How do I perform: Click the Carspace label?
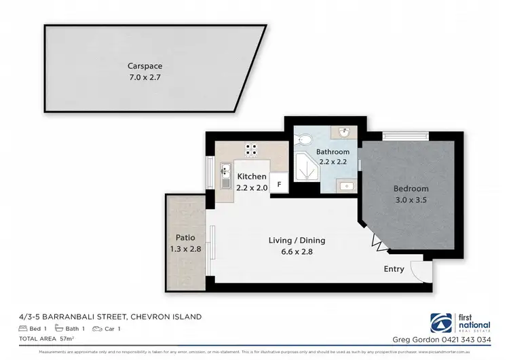[144, 66]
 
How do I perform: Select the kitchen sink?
[225, 177]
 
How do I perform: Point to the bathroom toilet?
[305, 140]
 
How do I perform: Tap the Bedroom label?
[411, 189]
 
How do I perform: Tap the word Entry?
[394, 269]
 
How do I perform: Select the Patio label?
[185, 238]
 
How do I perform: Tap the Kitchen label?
[251, 177]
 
